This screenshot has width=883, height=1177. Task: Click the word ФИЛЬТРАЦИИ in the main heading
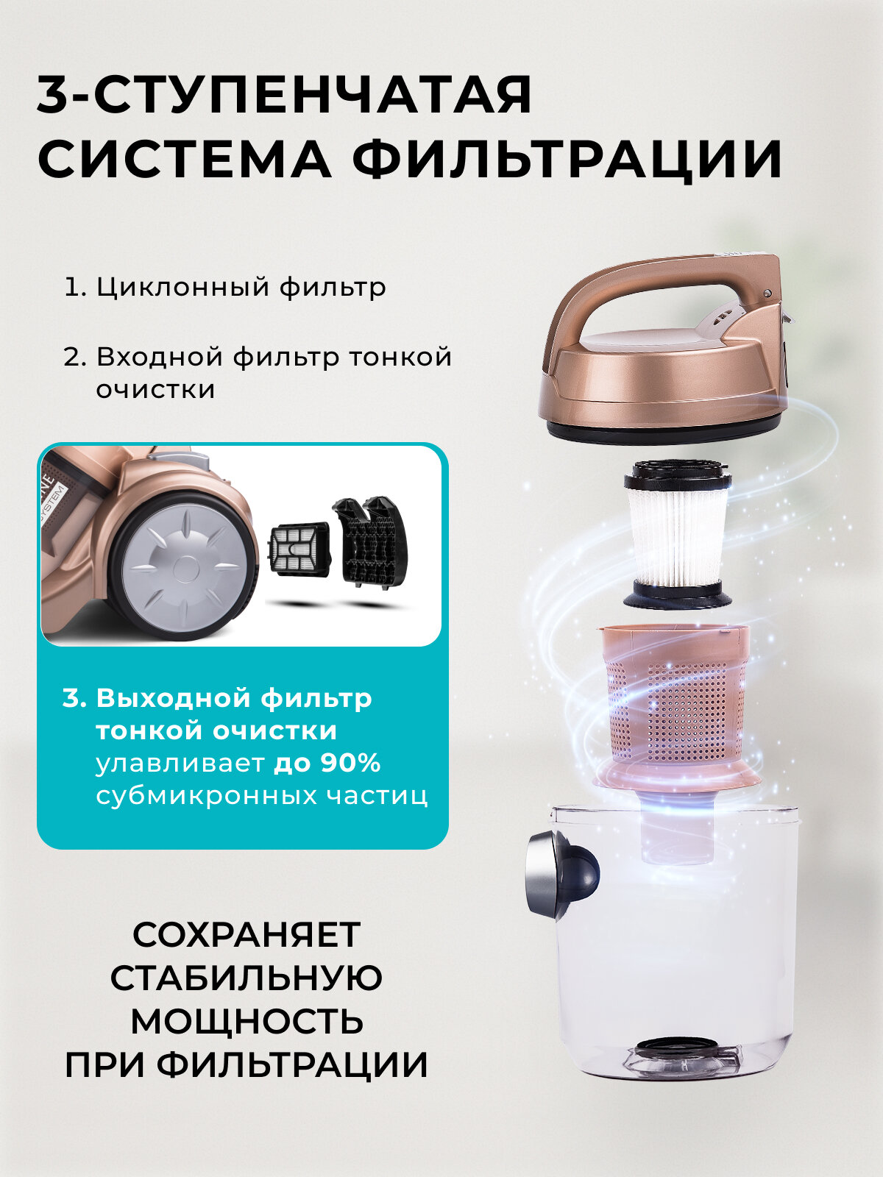tap(567, 159)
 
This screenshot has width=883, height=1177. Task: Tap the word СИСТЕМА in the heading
tap(184, 159)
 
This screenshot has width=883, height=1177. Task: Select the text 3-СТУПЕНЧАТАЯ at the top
tap(284, 94)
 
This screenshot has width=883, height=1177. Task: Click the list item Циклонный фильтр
tap(224, 286)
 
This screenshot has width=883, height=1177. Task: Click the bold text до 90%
tap(327, 763)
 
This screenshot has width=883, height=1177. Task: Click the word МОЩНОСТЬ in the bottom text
tap(247, 1021)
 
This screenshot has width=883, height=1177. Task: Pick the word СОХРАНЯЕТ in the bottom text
tap(247, 934)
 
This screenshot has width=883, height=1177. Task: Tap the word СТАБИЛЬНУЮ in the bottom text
tap(247, 978)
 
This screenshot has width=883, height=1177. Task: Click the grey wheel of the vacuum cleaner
tap(181, 563)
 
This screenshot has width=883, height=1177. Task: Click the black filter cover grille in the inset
tap(368, 541)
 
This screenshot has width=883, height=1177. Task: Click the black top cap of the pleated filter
tap(677, 474)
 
